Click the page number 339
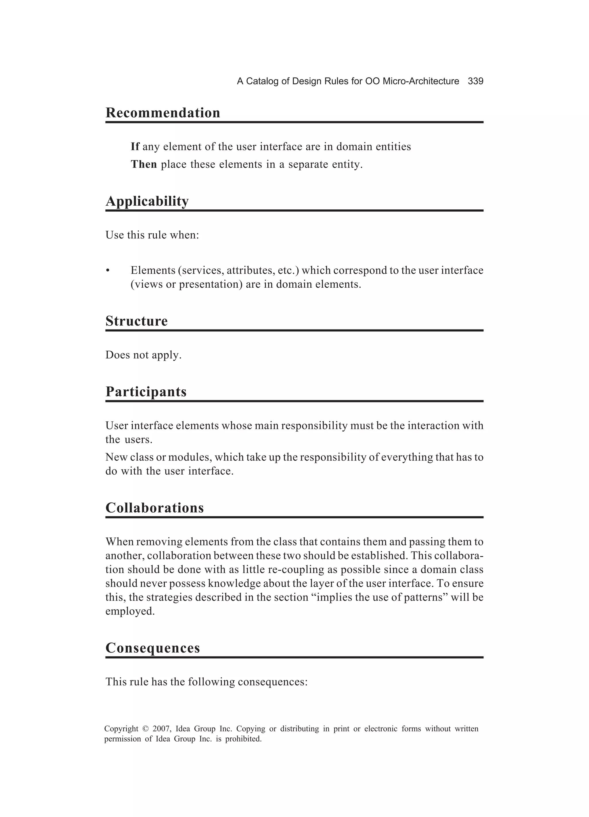(x=475, y=81)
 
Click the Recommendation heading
(x=162, y=113)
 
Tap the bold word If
(x=135, y=147)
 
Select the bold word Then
(x=144, y=164)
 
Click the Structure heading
(x=136, y=321)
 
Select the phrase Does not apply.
(x=143, y=355)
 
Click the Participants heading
(x=146, y=392)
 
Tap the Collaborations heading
(x=154, y=508)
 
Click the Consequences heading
(x=152, y=648)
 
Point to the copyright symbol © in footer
(x=145, y=729)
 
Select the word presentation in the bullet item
(x=211, y=284)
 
